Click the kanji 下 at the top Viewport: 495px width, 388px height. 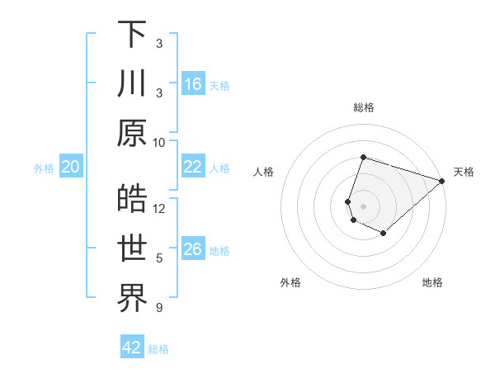pyautogui.click(x=132, y=35)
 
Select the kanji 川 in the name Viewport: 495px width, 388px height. pyautogui.click(x=132, y=83)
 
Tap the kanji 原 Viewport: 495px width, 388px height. pyautogui.click(x=132, y=132)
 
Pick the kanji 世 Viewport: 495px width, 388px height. pyautogui.click(x=132, y=248)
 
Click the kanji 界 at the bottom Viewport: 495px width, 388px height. pyautogui.click(x=132, y=298)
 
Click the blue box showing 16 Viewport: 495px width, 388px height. pyautogui.click(x=193, y=84)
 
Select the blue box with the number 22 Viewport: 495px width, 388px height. pyautogui.click(x=193, y=168)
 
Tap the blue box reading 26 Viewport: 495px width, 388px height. pyautogui.click(x=193, y=250)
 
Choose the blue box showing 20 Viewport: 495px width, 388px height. pyautogui.click(x=71, y=168)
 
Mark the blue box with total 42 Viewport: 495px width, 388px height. pyautogui.click(x=132, y=348)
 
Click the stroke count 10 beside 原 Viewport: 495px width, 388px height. pyautogui.click(x=159, y=142)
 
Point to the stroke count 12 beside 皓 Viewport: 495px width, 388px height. pyautogui.click(x=159, y=209)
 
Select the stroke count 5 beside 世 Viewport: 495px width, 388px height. pyautogui.click(x=159, y=258)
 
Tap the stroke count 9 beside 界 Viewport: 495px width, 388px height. pyautogui.click(x=159, y=308)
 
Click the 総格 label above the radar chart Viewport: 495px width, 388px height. pyautogui.click(x=364, y=107)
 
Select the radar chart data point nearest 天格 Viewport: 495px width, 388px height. pyautogui.click(x=442, y=181)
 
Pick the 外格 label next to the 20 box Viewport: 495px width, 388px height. pyautogui.click(x=44, y=168)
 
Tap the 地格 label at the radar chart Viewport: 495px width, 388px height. pyautogui.click(x=432, y=283)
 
